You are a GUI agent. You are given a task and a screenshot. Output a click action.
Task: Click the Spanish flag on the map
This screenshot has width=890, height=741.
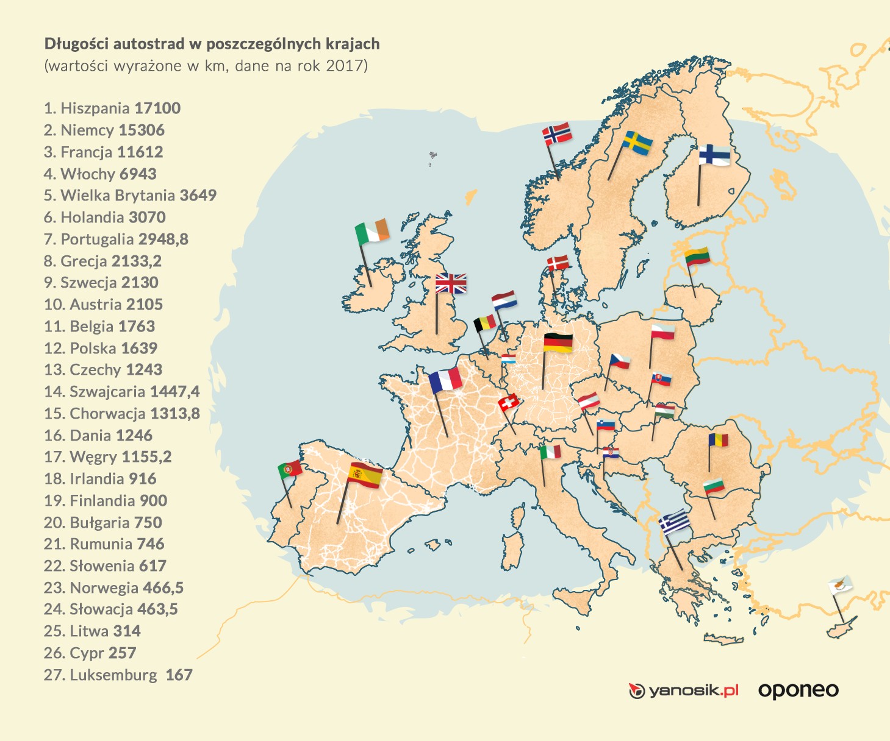365,475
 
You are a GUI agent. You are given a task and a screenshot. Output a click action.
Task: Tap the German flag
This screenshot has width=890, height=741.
558,343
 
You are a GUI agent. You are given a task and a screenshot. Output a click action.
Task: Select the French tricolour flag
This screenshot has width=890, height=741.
445,380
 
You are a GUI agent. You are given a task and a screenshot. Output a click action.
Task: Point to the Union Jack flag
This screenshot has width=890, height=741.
451,284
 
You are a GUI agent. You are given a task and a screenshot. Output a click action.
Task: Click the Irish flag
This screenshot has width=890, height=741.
372,232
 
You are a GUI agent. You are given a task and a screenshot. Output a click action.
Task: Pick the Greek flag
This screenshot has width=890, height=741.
675,522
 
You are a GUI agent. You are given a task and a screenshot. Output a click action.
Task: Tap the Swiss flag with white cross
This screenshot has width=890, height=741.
508,402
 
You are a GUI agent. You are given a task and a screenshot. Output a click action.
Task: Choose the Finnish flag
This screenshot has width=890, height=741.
714,155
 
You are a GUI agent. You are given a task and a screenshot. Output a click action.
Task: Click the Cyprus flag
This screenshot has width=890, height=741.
840,586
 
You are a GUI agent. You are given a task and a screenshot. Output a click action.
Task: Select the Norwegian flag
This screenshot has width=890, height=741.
557,134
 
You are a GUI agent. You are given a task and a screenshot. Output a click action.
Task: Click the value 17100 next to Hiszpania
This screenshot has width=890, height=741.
157,108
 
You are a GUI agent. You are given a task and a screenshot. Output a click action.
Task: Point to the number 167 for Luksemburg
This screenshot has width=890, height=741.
179,675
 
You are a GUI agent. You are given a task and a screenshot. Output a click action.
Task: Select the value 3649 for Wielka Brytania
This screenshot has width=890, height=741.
198,196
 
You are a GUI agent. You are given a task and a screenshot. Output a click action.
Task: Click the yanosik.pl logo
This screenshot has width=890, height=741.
684,691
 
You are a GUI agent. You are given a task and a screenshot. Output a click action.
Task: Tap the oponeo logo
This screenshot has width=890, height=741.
798,690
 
